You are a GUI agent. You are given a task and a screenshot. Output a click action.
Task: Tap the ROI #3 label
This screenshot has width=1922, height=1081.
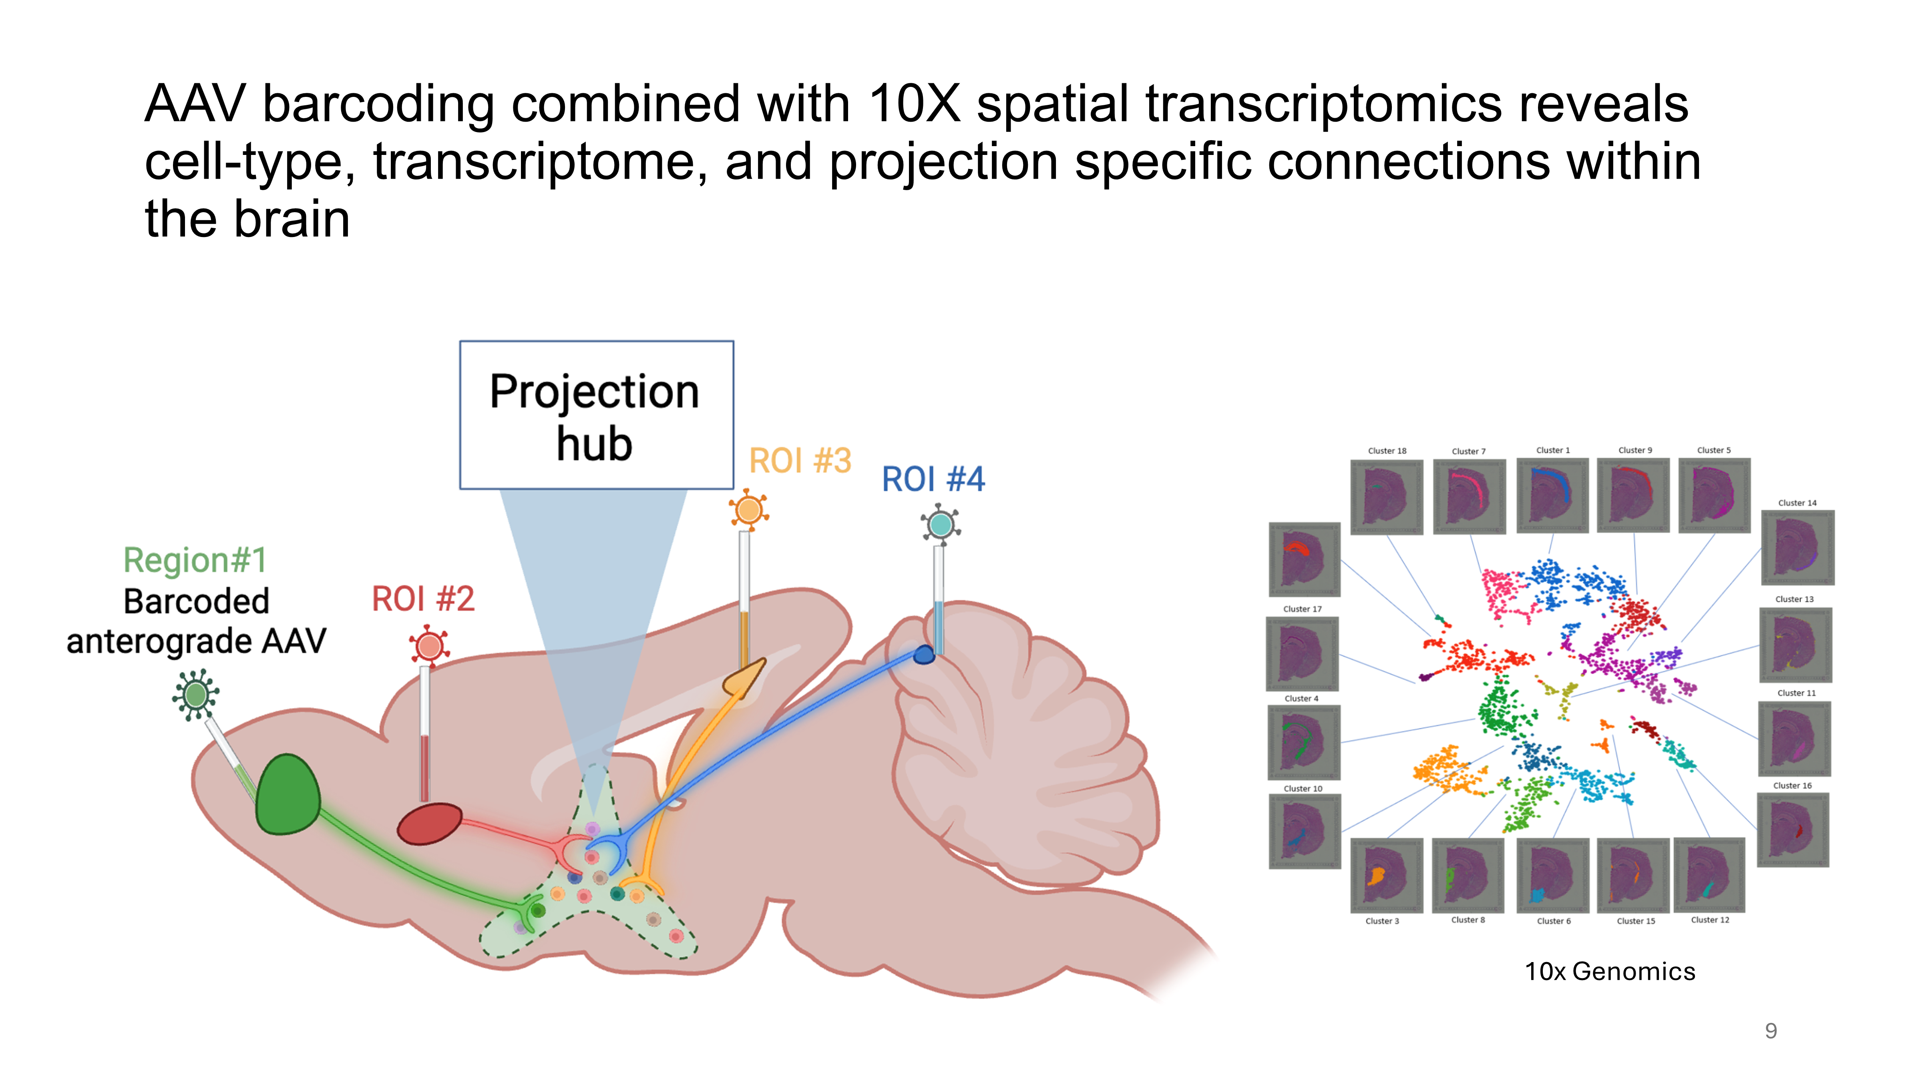click(800, 461)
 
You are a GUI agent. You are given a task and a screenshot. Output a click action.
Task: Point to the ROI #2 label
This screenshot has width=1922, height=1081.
click(423, 599)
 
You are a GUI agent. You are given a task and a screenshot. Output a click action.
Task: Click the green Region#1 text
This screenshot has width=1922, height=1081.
click(195, 560)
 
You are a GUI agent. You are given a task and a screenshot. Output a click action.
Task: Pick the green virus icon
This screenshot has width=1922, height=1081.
click(195, 695)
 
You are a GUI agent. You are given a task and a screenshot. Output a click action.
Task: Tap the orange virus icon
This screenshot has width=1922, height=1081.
click(748, 510)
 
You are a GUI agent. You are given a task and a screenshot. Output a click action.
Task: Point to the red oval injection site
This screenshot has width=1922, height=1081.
click(429, 824)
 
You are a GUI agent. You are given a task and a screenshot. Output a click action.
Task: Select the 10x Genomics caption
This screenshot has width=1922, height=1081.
click(1609, 971)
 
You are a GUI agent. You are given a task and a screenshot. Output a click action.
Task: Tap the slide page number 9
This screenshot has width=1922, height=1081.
click(1771, 1031)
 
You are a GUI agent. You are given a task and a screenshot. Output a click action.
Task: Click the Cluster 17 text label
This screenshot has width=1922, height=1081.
click(1302, 609)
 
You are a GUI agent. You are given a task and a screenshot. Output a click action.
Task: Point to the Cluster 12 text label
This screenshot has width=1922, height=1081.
click(1709, 920)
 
